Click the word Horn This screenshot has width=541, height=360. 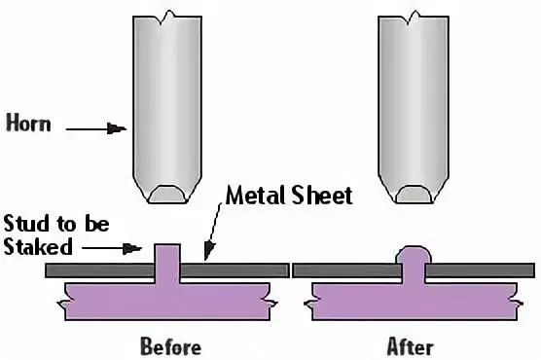tap(28, 123)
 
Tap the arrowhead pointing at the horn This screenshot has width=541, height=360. tap(117, 128)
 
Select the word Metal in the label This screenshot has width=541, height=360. tap(255, 195)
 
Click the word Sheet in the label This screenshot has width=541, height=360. tap(321, 195)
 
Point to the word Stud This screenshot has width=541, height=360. tap(26, 224)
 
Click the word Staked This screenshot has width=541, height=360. tap(38, 246)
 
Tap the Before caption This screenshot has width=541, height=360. tap(171, 346)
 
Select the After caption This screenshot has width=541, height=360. tap(410, 346)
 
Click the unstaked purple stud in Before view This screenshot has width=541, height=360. tap(167, 263)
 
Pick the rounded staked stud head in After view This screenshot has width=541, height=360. tap(414, 255)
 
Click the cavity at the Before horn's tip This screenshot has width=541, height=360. tap(167, 195)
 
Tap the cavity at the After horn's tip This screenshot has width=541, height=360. tap(414, 195)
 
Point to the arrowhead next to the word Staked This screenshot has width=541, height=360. tap(132, 248)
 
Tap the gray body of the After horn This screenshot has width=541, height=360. tap(414, 103)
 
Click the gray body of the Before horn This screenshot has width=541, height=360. tap(167, 103)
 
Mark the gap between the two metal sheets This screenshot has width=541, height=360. tap(291, 270)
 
